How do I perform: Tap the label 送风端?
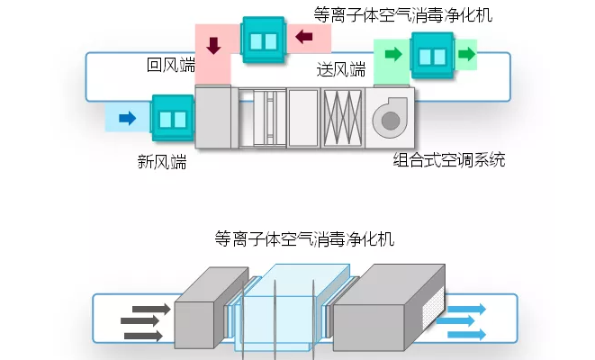(x=341, y=69)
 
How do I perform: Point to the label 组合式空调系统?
(x=449, y=161)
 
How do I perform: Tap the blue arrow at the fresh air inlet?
(x=127, y=117)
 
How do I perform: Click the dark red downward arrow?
(x=213, y=44)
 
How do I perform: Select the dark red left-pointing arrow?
(x=304, y=38)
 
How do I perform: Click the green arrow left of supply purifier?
(x=392, y=55)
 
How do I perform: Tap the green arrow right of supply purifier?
(x=466, y=54)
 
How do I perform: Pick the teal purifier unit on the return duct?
(x=264, y=40)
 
